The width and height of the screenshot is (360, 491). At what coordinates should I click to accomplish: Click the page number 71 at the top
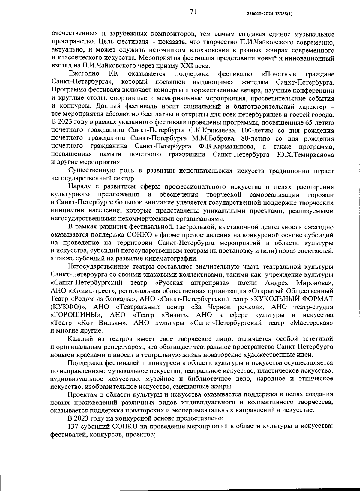(x=193, y=12)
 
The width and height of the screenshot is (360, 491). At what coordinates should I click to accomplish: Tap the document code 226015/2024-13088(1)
(x=269, y=13)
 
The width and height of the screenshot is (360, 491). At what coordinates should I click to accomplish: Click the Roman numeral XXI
(x=169, y=66)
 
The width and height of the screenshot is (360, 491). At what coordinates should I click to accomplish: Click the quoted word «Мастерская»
(x=312, y=323)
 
